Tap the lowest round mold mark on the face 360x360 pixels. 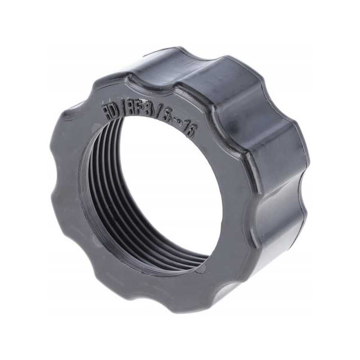200,269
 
